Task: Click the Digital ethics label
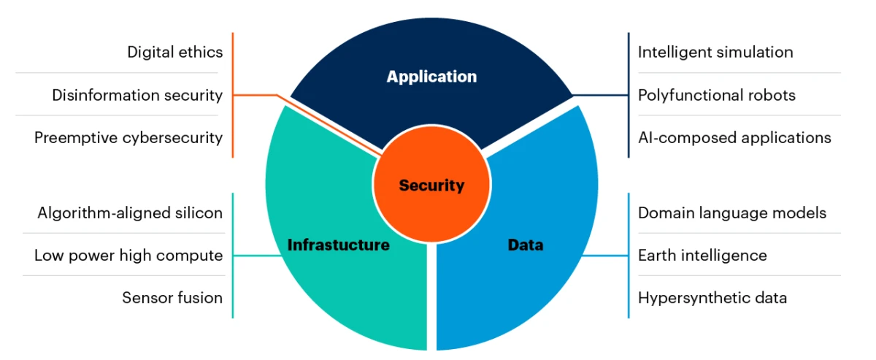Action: click(x=174, y=52)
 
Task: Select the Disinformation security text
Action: click(x=137, y=95)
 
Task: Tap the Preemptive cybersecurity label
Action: click(x=128, y=137)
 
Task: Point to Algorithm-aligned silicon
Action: click(x=130, y=213)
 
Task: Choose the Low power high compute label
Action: click(x=128, y=256)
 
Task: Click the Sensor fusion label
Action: click(x=172, y=298)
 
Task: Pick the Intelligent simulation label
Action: click(x=715, y=52)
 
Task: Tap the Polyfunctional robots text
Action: click(x=717, y=95)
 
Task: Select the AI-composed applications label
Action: click(x=734, y=137)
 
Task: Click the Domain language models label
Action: click(x=732, y=213)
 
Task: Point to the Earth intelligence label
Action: click(x=702, y=256)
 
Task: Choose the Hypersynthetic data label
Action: click(x=712, y=298)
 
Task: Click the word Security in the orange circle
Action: click(x=431, y=185)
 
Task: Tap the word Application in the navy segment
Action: click(x=431, y=77)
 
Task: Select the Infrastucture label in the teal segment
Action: click(x=338, y=245)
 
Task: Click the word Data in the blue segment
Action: click(x=525, y=245)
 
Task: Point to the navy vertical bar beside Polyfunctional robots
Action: click(x=629, y=96)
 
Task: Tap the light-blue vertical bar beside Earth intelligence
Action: click(x=629, y=256)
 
